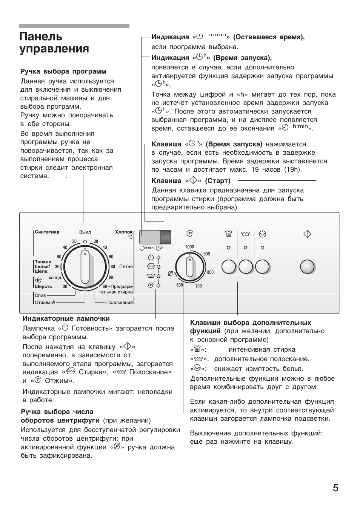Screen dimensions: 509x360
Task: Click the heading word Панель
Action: coord(41,37)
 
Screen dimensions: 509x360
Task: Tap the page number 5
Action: coord(335,488)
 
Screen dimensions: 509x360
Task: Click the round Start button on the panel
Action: coord(307,267)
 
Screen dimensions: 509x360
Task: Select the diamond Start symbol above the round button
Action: coord(307,234)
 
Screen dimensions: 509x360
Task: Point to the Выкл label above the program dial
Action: coord(85,232)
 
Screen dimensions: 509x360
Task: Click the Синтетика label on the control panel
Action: coord(47,232)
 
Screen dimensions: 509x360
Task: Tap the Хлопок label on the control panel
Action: coord(124,232)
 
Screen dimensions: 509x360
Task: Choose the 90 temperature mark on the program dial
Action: coord(111,277)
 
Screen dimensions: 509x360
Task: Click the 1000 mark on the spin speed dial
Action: coord(189,247)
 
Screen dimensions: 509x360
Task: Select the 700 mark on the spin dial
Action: coord(198,286)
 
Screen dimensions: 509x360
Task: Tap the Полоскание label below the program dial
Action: coord(119,302)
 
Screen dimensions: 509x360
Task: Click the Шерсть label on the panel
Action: coord(43,286)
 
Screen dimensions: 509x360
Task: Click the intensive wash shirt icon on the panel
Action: coord(228,234)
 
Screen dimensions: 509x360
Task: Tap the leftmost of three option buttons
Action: coord(229,267)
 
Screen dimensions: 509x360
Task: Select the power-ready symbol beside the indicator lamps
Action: coord(151,257)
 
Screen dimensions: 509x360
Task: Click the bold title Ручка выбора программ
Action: coord(63,71)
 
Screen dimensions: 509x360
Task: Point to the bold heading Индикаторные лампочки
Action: coord(66,318)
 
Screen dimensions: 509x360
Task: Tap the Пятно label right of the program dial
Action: coord(126,266)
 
